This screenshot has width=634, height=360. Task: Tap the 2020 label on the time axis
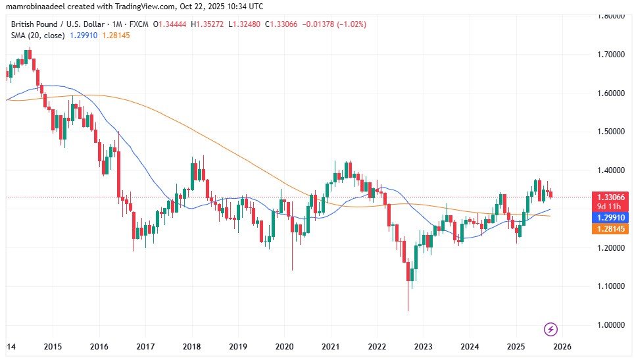tap(284, 346)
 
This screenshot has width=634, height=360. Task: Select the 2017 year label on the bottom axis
tap(145, 346)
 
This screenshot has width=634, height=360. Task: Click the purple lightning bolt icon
tap(552, 328)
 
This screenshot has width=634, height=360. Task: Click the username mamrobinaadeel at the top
tap(32, 6)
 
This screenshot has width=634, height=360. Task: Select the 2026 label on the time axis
tap(562, 346)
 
